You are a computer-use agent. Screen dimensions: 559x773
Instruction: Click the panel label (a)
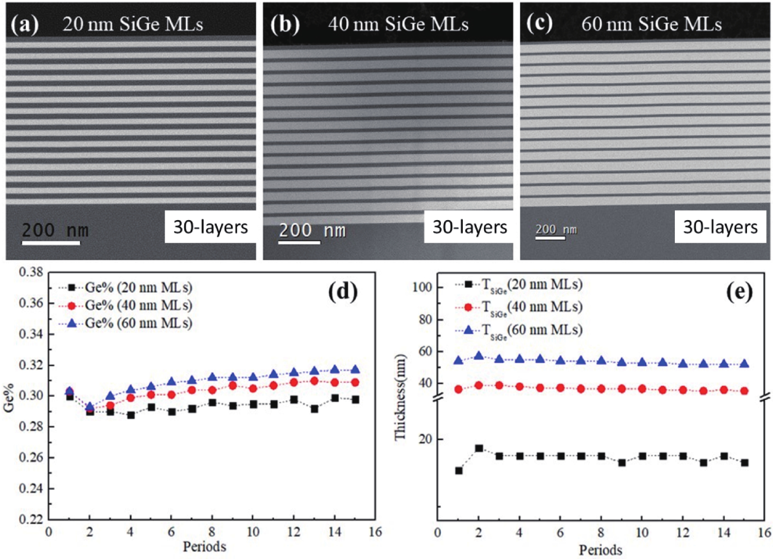pos(25,25)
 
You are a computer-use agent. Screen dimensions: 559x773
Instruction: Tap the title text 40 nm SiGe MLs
pos(398,25)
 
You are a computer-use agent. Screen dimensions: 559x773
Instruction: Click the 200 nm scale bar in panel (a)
pos(51,243)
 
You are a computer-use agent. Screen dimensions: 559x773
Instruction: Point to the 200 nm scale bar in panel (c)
pos(550,238)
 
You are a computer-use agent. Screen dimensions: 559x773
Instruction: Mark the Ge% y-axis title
pos(9,395)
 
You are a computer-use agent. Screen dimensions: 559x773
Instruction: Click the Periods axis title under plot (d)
pos(204,547)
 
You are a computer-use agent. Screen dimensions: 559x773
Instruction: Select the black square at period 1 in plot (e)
pos(458,471)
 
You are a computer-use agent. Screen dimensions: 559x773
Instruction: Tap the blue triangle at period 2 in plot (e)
pos(479,356)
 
